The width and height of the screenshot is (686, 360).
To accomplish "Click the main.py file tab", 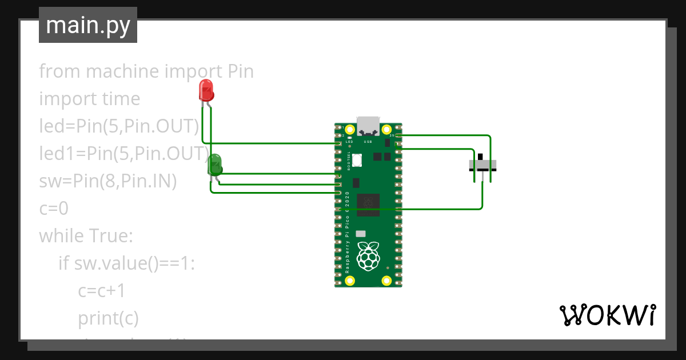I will tap(88, 25).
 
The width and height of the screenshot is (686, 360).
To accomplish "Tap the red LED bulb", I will tap(206, 90).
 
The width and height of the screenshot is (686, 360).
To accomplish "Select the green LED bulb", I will tap(215, 165).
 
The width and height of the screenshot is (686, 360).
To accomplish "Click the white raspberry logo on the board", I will tap(368, 256).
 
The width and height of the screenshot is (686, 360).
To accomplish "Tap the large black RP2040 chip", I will tap(368, 205).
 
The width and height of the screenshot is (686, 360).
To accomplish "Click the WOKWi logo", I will tap(608, 315).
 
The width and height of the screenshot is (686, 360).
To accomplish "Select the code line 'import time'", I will tap(89, 99).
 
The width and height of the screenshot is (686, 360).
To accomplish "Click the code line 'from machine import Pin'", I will tap(146, 71).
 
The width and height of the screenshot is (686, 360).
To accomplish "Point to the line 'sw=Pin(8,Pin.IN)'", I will tap(108, 181).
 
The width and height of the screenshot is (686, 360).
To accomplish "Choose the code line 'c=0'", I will tap(54, 209).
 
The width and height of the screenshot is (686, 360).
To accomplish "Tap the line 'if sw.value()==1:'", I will tap(127, 263).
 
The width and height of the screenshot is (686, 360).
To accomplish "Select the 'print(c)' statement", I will tap(109, 318).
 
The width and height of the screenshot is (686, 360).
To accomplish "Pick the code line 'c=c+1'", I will tap(102, 290).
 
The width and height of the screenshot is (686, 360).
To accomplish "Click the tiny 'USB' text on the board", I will tap(368, 141).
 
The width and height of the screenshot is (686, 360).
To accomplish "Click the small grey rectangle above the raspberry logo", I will tap(361, 234).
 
